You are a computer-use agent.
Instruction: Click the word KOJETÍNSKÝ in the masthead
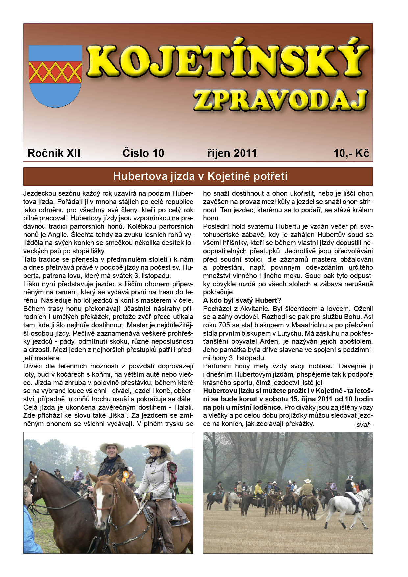tap(227, 62)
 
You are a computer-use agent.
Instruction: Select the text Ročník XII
tap(54, 153)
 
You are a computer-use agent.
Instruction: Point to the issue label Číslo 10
tap(143, 153)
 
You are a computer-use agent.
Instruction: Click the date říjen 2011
tap(232, 153)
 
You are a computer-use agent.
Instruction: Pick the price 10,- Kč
tap(351, 153)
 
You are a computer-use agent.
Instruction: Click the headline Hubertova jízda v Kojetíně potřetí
tap(200, 176)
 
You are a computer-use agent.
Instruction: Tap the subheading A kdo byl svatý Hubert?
tap(242, 300)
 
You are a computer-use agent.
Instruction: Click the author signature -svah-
tap(363, 425)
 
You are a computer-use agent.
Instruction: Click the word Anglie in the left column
tap(49, 235)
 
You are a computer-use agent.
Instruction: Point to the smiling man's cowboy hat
tap(112, 447)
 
